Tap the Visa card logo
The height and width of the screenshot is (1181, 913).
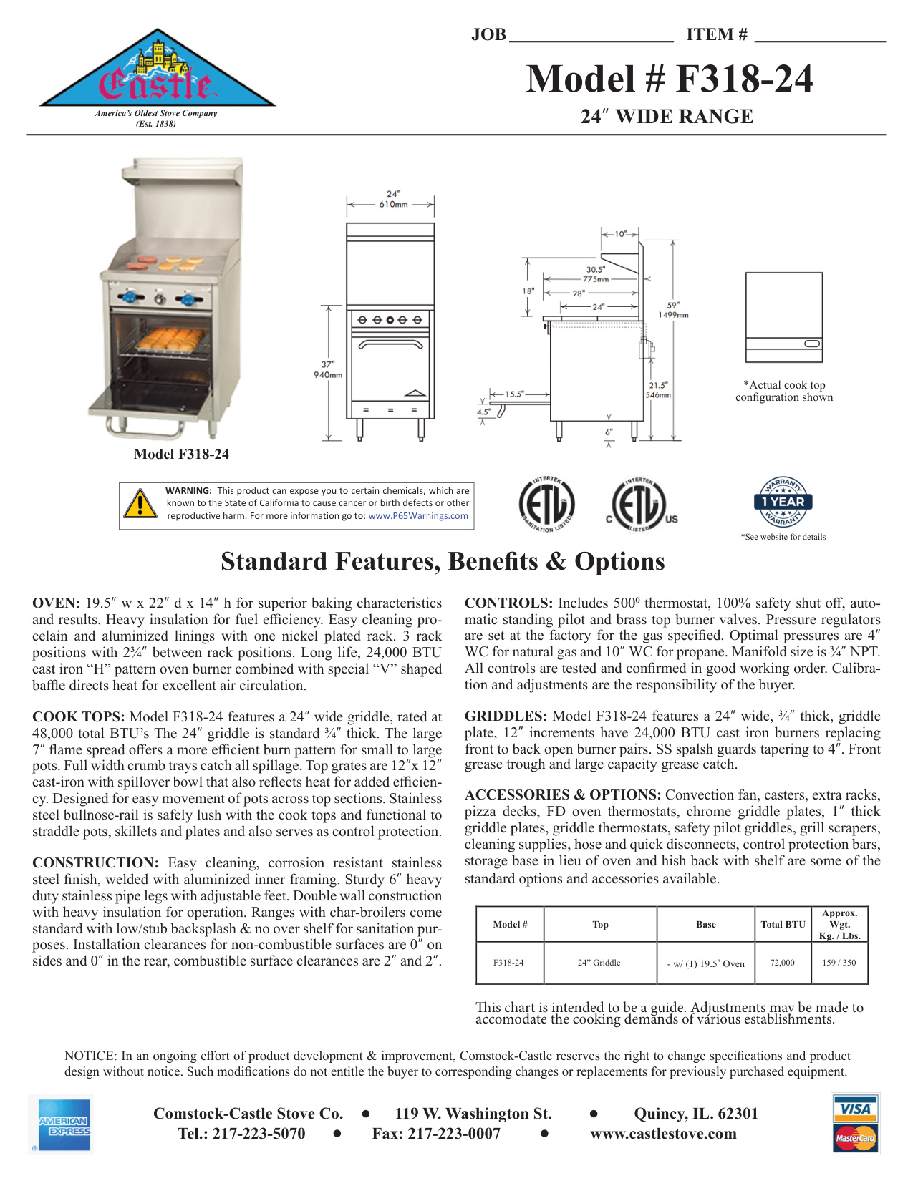tap(856, 1109)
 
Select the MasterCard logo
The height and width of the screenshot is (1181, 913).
tap(856, 1138)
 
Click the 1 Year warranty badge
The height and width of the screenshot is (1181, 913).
tap(783, 502)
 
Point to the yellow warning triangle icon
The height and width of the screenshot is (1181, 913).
tap(140, 504)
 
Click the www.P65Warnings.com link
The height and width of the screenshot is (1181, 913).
tap(418, 516)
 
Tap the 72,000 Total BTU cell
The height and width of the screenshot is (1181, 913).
tap(782, 963)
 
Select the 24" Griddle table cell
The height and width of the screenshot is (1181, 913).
tap(599, 963)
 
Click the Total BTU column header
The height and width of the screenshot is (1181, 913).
tap(783, 925)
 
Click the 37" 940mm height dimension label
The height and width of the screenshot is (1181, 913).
tap(328, 369)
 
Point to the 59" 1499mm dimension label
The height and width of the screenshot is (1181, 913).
tap(673, 310)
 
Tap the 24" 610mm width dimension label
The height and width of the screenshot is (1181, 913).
tap(393, 199)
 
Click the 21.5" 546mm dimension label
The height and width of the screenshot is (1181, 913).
tap(658, 390)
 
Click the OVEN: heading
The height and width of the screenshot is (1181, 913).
tap(56, 603)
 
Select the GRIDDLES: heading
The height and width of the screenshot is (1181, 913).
tap(506, 716)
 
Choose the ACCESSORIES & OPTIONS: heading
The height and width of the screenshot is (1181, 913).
tap(562, 795)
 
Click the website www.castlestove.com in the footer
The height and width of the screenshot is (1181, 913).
tap(663, 1134)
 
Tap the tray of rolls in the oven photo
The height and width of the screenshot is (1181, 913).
tap(170, 339)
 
